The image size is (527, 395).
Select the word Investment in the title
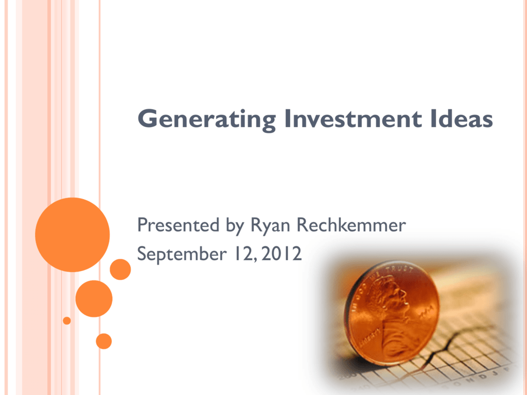click(x=353, y=119)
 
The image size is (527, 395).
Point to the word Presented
click(x=178, y=225)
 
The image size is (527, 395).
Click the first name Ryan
click(x=270, y=226)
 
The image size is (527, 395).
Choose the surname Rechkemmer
click(x=352, y=225)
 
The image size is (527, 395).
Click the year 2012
click(x=282, y=254)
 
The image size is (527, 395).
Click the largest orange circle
click(x=72, y=235)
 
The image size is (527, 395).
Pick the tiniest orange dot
click(x=67, y=320)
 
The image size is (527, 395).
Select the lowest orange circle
click(x=104, y=342)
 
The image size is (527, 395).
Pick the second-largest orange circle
click(x=94, y=299)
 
